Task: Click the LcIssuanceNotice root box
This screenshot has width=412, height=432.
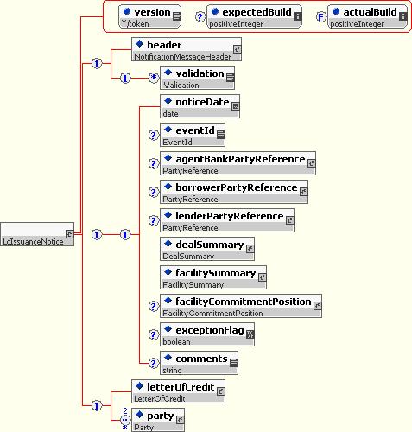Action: coord(37,234)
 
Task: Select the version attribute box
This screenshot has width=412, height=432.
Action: coord(149,16)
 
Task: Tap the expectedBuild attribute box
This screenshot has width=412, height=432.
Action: coord(254,16)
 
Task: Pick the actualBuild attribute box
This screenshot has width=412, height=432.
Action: coord(367,16)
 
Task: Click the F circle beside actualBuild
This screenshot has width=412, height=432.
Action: coord(320,17)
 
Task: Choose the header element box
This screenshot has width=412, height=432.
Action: coord(187,49)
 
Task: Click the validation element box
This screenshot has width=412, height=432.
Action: coord(197,78)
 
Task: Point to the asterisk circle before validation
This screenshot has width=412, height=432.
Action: coord(154,78)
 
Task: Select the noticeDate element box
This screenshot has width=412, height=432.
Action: coord(200,106)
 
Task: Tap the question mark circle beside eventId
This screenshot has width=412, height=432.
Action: coord(154,135)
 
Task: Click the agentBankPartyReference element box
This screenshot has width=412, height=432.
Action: coord(238,163)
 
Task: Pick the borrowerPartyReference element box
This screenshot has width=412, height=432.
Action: coord(234,192)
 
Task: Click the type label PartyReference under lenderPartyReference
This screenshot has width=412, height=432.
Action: coord(190,228)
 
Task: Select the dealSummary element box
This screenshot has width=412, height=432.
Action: coord(207,249)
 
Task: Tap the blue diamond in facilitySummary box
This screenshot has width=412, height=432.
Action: coord(168,272)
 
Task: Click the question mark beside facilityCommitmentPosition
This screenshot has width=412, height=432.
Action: coord(154,306)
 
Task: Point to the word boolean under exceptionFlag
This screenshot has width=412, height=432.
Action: coord(176,342)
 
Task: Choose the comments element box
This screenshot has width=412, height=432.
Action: coord(199,363)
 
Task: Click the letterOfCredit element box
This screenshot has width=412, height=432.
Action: coord(179,391)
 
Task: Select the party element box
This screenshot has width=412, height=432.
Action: coord(158,420)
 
